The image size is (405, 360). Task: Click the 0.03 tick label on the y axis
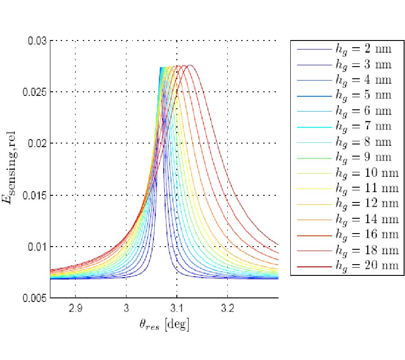(x=38, y=41)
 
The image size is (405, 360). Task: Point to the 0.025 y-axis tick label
(x=36, y=92)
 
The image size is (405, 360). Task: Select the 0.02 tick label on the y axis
(x=38, y=144)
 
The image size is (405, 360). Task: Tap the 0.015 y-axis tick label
(x=36, y=195)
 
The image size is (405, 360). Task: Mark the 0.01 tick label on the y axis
(x=38, y=247)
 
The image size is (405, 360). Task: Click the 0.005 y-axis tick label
(x=36, y=298)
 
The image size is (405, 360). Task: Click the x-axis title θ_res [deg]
(x=164, y=325)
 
